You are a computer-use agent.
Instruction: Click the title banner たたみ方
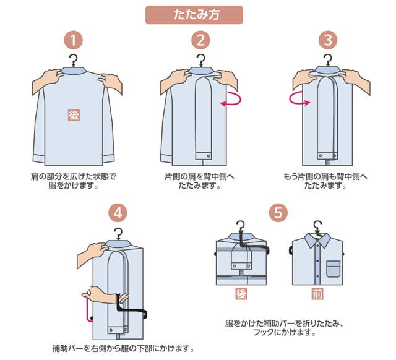pos(194,15)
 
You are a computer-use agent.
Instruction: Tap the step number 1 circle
pos(73,40)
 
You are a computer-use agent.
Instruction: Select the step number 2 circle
pos(200,40)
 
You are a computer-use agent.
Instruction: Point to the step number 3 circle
pos(328,40)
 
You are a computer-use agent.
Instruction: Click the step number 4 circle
pos(118,213)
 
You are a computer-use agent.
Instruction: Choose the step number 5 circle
pos(278,213)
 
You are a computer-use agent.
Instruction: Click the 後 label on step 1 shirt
pos(74,115)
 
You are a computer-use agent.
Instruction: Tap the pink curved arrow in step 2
pos(231,99)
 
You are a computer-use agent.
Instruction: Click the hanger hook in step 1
pos(74,61)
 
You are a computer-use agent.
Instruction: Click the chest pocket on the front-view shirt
pos(334,269)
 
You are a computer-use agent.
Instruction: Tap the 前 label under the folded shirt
pos(317,294)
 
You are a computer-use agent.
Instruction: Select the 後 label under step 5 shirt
pos(241,294)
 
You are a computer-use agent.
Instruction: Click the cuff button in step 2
pos(209,156)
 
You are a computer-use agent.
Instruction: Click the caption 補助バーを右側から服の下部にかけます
pos(123,349)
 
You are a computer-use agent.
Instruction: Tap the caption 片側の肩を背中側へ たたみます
pos(199,181)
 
